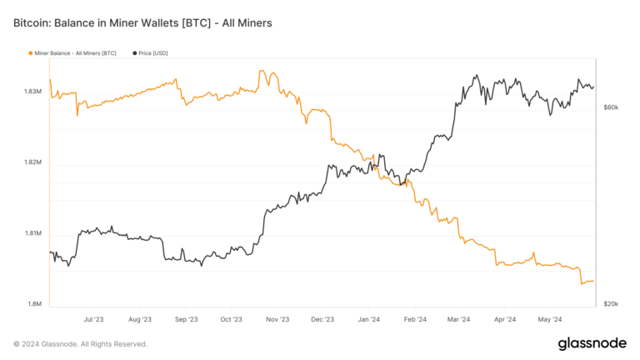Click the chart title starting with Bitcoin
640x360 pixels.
tap(142, 22)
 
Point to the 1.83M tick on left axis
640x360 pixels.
tap(33, 91)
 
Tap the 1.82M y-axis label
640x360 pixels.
tap(33, 162)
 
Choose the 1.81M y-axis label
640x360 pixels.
tap(33, 233)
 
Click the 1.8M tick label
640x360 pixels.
tap(35, 304)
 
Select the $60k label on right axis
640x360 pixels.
tap(611, 107)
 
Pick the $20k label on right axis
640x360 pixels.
tap(611, 304)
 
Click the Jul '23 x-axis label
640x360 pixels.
tap(94, 319)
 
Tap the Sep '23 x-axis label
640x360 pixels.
tap(186, 319)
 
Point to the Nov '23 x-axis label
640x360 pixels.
tap(277, 319)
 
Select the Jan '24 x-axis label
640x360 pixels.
tap(368, 319)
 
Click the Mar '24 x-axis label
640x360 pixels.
tap(457, 319)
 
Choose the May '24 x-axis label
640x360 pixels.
tap(549, 319)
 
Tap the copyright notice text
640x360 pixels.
tap(80, 344)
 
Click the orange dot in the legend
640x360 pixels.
tap(31, 53)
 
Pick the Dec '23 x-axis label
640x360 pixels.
tap(322, 319)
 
